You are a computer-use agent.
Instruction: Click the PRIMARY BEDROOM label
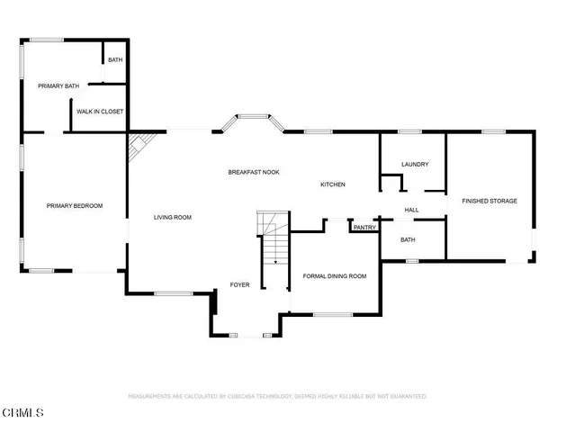75,206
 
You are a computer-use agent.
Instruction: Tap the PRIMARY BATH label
58,86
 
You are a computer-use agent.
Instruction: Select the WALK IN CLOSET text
100,112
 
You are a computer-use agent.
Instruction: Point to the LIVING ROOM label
172,217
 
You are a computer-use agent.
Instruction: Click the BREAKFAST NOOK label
253,171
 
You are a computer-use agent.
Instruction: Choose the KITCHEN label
333,184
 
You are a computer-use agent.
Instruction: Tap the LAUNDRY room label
415,165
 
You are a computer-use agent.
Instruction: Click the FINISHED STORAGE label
490,201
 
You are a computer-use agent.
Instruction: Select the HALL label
411,210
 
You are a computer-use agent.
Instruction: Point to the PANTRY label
364,228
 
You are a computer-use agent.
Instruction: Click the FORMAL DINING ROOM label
335,275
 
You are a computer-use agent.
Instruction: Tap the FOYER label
238,284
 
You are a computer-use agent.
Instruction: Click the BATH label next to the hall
408,239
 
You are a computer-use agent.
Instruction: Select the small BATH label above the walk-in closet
115,60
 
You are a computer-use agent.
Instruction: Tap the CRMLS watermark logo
22,413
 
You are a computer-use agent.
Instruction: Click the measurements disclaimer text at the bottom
277,396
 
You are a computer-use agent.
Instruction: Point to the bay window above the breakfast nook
253,117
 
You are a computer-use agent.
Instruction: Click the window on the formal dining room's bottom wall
332,314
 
